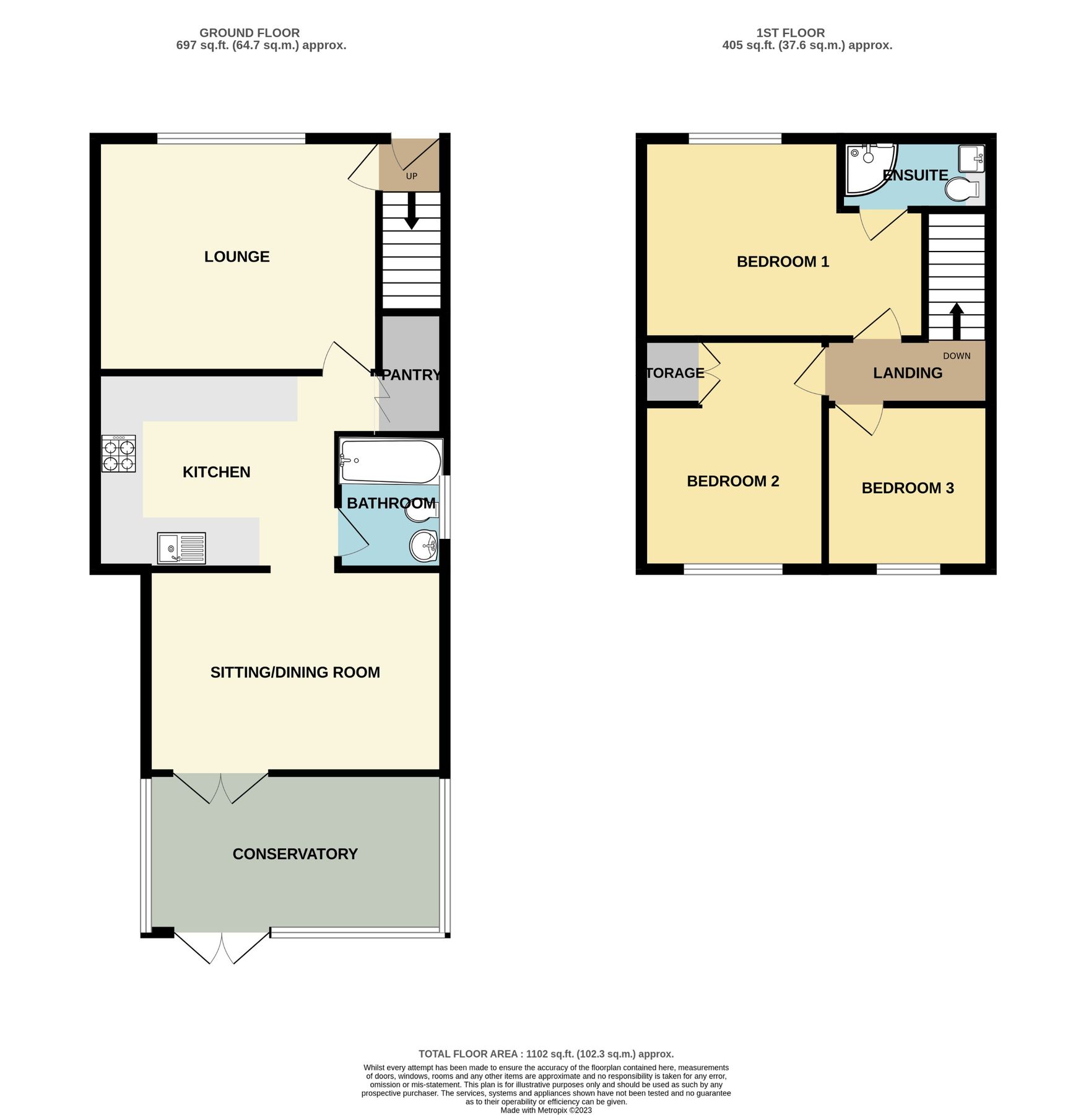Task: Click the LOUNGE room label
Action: pos(237,256)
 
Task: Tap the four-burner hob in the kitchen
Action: pos(118,454)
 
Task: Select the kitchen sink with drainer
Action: pos(181,548)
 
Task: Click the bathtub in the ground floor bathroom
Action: pos(390,461)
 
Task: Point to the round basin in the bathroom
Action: pos(424,546)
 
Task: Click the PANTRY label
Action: pos(411,375)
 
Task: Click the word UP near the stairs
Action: pos(412,177)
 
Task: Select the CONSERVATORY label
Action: pos(295,854)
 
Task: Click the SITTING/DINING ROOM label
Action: pos(295,672)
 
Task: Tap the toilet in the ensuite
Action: pos(962,190)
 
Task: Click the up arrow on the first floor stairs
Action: pos(957,320)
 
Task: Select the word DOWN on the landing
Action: pos(956,356)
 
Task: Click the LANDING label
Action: pos(907,373)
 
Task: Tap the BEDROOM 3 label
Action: pos(907,488)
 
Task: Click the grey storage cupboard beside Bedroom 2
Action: pos(672,372)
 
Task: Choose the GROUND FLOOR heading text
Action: pos(249,33)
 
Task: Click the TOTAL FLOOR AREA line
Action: pos(545,1054)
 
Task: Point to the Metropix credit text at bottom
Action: pos(545,1110)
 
